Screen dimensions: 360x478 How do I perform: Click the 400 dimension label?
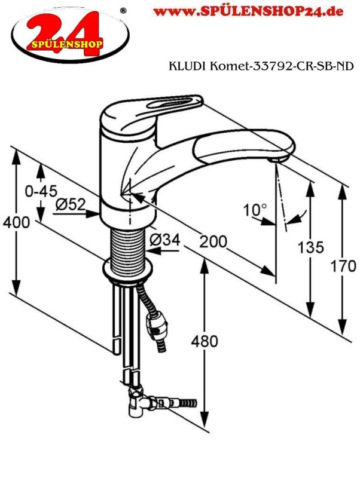[17, 222]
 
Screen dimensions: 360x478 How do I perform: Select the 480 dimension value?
[205, 341]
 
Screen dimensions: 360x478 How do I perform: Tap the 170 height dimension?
[343, 266]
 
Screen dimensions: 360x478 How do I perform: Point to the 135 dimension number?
[310, 247]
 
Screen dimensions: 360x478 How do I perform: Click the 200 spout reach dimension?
[213, 242]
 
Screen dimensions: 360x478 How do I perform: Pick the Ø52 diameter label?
[71, 204]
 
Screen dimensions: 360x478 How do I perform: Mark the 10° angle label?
[255, 210]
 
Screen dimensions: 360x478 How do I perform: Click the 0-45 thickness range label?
[41, 191]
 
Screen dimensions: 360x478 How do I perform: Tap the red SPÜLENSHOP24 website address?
[248, 11]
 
